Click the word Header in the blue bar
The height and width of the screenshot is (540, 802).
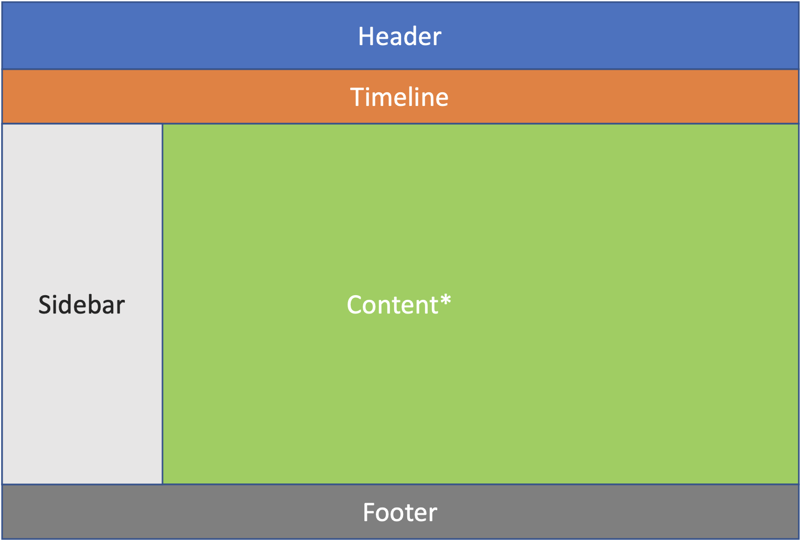click(x=399, y=36)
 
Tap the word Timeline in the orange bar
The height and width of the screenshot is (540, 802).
click(x=399, y=96)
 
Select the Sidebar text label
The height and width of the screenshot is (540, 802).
click(x=82, y=305)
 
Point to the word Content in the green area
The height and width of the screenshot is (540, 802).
click(x=393, y=305)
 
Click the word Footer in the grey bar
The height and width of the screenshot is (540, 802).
click(x=400, y=512)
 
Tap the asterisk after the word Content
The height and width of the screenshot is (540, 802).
click(x=446, y=300)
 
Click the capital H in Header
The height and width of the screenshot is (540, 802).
click(x=366, y=36)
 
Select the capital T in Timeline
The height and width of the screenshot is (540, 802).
click(x=357, y=96)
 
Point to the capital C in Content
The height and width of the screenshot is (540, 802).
click(x=354, y=305)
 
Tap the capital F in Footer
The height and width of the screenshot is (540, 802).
click(x=369, y=512)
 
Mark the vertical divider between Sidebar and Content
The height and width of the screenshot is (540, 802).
click(x=162, y=304)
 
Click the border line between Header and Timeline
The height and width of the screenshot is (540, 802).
click(x=400, y=69)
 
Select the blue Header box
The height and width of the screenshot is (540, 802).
click(x=400, y=36)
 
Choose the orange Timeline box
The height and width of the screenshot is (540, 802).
click(x=400, y=96)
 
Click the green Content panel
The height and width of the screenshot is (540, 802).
click(x=481, y=251)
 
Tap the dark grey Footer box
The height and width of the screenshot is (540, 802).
click(x=400, y=512)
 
